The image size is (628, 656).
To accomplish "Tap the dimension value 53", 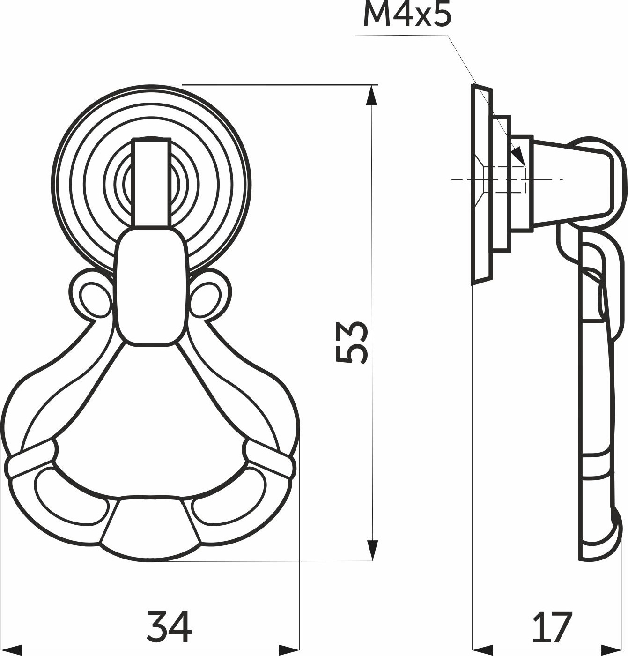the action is [351, 342].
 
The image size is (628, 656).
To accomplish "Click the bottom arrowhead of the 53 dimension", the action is [372, 550].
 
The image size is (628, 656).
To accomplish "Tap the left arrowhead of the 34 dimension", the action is [11, 650].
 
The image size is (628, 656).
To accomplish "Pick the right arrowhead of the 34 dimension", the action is [289, 650].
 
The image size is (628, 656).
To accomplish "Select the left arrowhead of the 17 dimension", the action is [483, 650].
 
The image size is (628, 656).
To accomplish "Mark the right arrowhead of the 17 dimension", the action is [612, 650].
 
